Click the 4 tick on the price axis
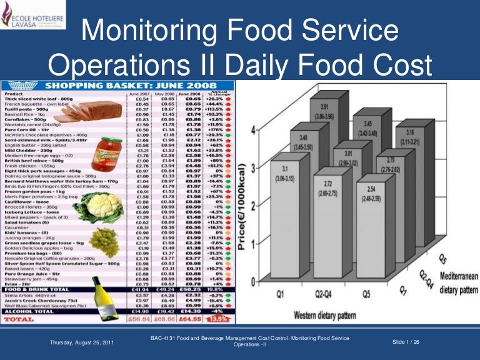pos(253,130)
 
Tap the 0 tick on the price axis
pos(253,282)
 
